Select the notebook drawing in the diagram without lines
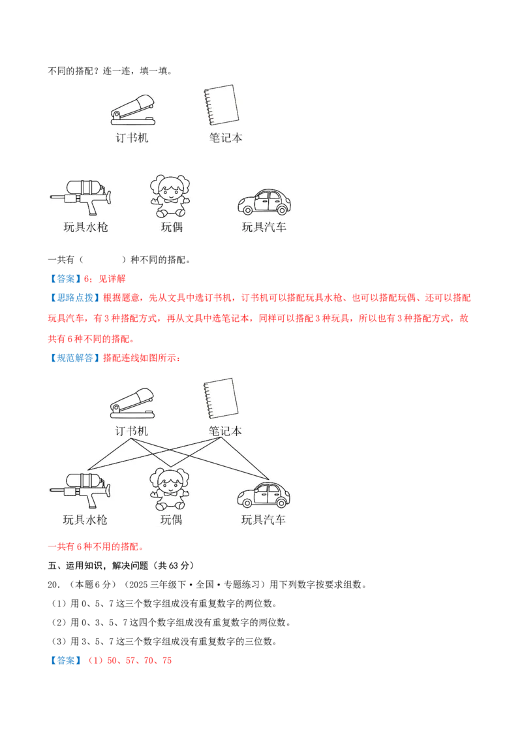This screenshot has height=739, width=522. tap(220, 105)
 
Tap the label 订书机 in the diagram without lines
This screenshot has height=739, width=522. tap(132, 138)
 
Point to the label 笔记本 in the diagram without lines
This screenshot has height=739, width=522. tap(226, 138)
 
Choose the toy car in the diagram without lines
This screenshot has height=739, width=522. tap(263, 202)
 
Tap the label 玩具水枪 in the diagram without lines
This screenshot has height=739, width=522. tap(85, 227)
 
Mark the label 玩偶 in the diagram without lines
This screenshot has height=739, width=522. tap(172, 227)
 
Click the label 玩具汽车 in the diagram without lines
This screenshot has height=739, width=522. tap(264, 227)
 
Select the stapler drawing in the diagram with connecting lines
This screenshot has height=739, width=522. tap(132, 403)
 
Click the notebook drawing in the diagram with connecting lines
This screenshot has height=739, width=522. tap(220, 398)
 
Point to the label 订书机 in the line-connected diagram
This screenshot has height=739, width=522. tap(132, 431)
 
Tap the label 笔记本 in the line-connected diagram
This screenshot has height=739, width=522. tap(226, 431)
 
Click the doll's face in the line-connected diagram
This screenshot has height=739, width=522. tap(169, 484)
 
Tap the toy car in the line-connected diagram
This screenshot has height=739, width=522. tap(263, 495)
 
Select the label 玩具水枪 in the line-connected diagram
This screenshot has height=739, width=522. tap(85, 520)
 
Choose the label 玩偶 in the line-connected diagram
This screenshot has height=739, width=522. tap(172, 520)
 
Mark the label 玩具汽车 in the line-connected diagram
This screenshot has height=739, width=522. tap(264, 520)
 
